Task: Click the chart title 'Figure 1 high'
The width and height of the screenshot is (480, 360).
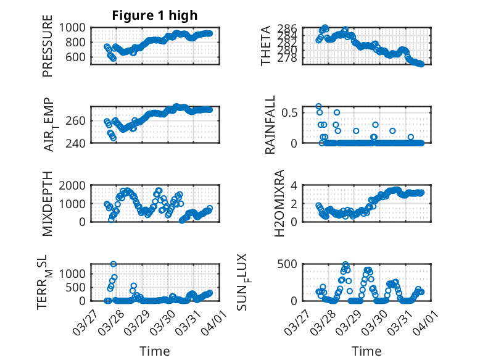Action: [x=155, y=15]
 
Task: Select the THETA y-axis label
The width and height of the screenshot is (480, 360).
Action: [x=266, y=46]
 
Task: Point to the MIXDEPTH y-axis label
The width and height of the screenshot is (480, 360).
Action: [x=48, y=203]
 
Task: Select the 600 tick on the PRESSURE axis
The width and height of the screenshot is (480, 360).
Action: [x=78, y=57]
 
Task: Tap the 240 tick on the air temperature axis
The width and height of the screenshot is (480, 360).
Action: [x=78, y=143]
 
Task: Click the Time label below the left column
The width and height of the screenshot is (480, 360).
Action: [x=155, y=351]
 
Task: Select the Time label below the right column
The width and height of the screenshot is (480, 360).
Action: [x=366, y=351]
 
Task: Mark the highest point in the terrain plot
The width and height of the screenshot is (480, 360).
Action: [x=114, y=264]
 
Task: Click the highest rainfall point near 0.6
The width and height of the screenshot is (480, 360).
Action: [x=318, y=106]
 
